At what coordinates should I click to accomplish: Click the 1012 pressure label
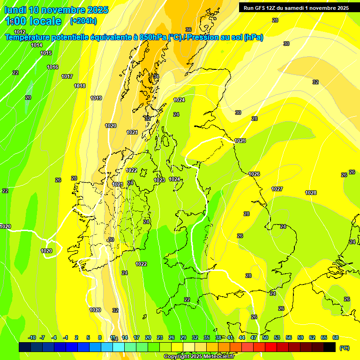click(x=20, y=32)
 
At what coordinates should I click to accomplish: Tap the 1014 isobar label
click(x=37, y=45)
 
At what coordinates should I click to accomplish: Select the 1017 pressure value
click(x=67, y=76)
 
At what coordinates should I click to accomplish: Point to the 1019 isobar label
click(x=96, y=98)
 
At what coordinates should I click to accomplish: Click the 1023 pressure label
click(x=159, y=180)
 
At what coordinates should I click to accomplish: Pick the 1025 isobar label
click(x=240, y=141)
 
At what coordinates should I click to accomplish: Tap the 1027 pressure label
click(x=277, y=189)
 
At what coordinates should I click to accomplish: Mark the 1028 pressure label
click(x=311, y=193)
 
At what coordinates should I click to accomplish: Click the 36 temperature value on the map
click(x=188, y=30)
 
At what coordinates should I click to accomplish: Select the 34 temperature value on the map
click(x=156, y=76)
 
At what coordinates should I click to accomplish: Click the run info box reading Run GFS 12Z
click(x=296, y=8)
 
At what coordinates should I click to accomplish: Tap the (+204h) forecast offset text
click(x=83, y=21)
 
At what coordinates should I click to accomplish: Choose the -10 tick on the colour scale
click(x=32, y=337)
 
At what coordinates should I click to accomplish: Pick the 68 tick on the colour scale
click(x=336, y=337)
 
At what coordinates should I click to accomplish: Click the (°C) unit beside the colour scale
click(x=344, y=347)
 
